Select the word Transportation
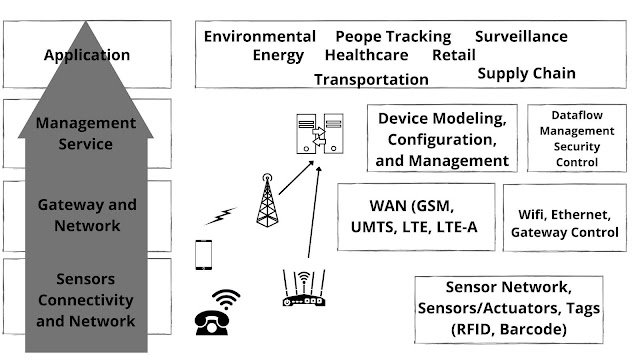(371, 79)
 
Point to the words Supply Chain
(526, 73)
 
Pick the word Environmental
(260, 36)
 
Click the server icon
(312, 138)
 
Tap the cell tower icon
(267, 199)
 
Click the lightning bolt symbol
(221, 214)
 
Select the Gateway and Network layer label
(87, 216)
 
